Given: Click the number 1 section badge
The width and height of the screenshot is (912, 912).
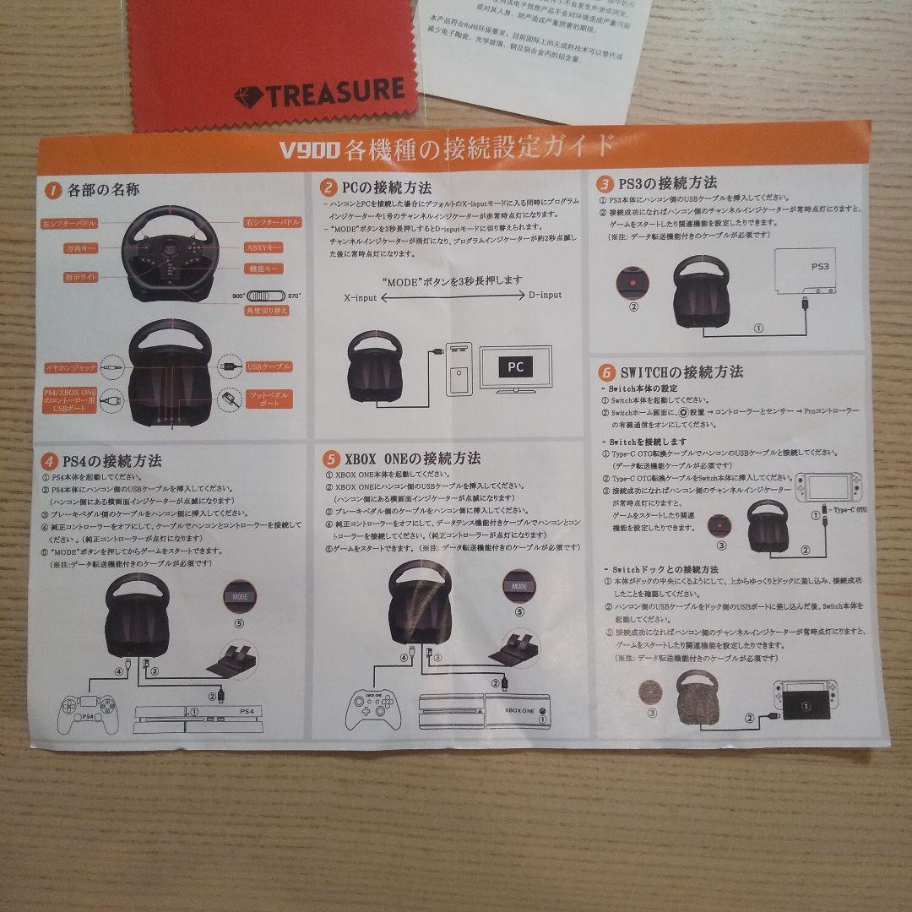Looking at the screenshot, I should click(52, 191).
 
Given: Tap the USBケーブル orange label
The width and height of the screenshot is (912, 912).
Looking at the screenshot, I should click(268, 366).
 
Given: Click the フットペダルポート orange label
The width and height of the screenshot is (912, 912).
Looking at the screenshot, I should click(269, 400).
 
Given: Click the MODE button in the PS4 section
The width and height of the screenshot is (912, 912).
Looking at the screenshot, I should click(240, 595).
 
